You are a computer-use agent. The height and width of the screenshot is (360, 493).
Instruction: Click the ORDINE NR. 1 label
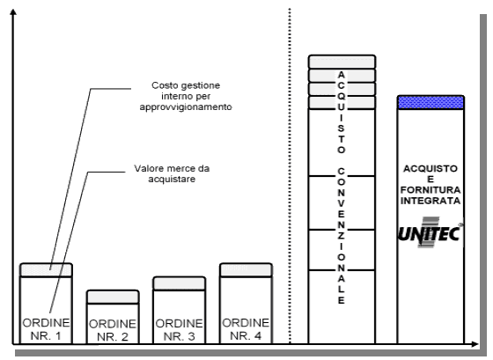46,329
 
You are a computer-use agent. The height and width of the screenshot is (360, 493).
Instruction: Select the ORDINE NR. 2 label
113,330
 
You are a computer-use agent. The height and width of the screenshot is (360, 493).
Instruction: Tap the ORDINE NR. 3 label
180,330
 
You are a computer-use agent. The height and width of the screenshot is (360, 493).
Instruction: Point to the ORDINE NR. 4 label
246,329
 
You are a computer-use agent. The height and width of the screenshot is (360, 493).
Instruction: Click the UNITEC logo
430,232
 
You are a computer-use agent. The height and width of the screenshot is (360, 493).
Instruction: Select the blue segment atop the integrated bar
430,102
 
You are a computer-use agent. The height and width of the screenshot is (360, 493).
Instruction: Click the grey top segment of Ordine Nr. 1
46,270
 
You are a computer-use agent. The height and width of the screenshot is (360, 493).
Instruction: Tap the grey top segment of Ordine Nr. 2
113,298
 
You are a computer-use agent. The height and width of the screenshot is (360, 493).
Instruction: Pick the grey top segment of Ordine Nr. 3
180,283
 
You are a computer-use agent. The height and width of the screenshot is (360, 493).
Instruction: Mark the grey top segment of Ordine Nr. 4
246,270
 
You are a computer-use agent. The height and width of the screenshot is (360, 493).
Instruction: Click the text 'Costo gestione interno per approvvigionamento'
186,96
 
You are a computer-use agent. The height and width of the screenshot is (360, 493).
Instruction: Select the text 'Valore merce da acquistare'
172,173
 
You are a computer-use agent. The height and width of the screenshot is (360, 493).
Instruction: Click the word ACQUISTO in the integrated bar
430,168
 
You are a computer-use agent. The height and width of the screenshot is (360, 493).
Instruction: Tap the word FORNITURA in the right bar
430,190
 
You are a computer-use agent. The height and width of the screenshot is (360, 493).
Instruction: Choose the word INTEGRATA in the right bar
430,201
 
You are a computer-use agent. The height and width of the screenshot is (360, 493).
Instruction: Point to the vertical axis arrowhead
13,12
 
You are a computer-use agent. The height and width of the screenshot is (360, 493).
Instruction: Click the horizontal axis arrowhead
475,344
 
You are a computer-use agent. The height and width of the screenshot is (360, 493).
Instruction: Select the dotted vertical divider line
290,176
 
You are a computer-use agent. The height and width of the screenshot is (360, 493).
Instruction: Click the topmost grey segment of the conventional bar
342,62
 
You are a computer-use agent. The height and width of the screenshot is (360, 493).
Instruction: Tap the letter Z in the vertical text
342,236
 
